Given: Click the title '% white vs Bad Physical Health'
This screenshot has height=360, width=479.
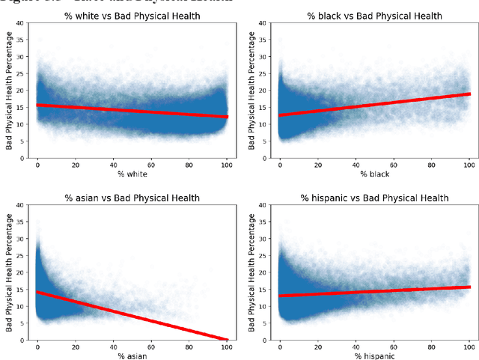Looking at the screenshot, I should coord(132,16).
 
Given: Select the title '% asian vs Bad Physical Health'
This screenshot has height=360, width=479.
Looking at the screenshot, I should coord(132,198).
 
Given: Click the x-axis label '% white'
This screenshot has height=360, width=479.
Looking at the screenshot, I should coord(132,174).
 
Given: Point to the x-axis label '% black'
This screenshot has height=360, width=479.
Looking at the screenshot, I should coord(374,174).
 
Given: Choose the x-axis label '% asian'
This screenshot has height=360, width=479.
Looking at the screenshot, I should coord(132,355).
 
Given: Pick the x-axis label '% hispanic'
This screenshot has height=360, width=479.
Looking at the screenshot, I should coord(374,355).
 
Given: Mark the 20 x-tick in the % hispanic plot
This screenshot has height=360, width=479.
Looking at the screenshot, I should coord(317,345).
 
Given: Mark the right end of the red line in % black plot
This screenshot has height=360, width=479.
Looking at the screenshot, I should coord(470,94).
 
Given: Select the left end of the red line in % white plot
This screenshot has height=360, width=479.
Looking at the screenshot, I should coord(38,105).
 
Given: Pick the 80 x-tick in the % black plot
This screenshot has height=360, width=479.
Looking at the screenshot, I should coord(432,164).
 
